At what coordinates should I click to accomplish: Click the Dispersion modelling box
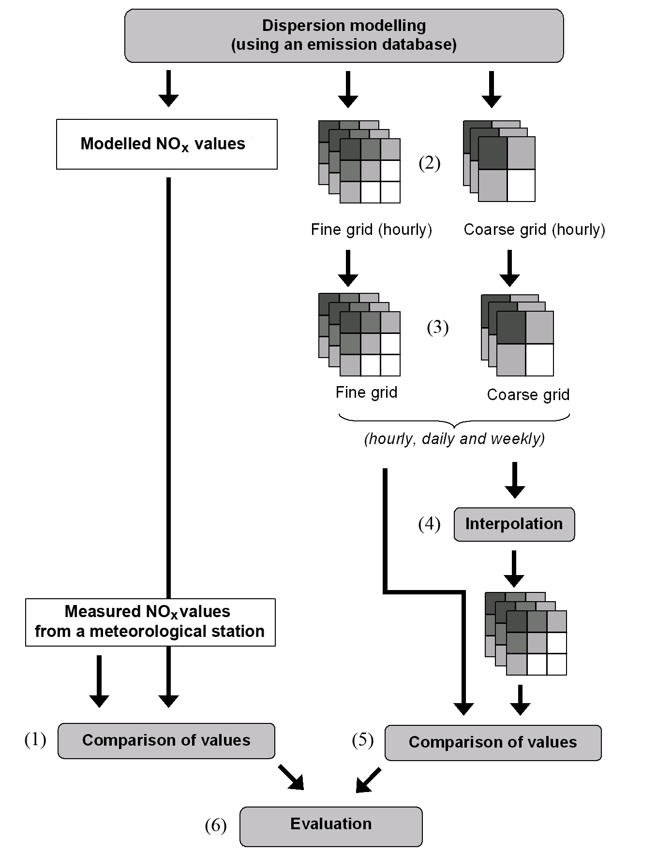coord(344,35)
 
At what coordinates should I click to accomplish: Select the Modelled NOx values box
coord(167,144)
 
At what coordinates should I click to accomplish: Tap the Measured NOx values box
coord(150,622)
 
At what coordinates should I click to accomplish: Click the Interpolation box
coord(514,524)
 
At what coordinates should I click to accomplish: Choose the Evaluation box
coord(331,826)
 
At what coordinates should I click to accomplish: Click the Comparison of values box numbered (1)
coord(166,741)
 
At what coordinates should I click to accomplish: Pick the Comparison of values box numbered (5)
coord(493,743)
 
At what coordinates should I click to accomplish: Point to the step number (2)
coord(430,163)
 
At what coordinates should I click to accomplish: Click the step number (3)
coord(438,328)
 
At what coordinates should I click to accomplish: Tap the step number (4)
coord(430,524)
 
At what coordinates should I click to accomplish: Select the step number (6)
coord(216,826)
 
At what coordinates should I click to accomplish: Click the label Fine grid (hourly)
coord(372,230)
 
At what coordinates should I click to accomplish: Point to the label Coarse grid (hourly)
coord(535,230)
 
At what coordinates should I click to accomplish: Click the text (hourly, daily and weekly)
coord(455,439)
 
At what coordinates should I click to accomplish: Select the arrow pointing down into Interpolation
coord(515,480)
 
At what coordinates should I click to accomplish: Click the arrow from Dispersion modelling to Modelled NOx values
coord(168,89)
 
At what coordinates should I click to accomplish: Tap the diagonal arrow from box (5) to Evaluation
coord(368,780)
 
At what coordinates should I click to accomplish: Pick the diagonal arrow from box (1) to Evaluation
coord(291,777)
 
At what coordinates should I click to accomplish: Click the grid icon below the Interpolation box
coord(526,634)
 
